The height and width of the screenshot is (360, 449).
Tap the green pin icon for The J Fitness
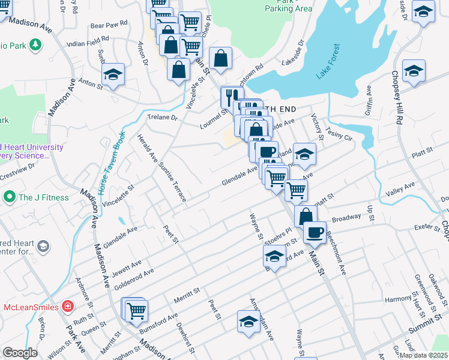point(9,197)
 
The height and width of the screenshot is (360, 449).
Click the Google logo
point(19,353)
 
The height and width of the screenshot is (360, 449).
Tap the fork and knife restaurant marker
point(230,96)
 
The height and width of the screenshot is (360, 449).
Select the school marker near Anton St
point(112,75)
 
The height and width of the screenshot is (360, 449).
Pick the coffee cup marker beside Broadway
point(314,232)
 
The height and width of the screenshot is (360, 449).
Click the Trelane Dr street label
point(163,118)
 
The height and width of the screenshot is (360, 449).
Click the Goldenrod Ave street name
point(134,277)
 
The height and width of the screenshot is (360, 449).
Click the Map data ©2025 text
point(423,355)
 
